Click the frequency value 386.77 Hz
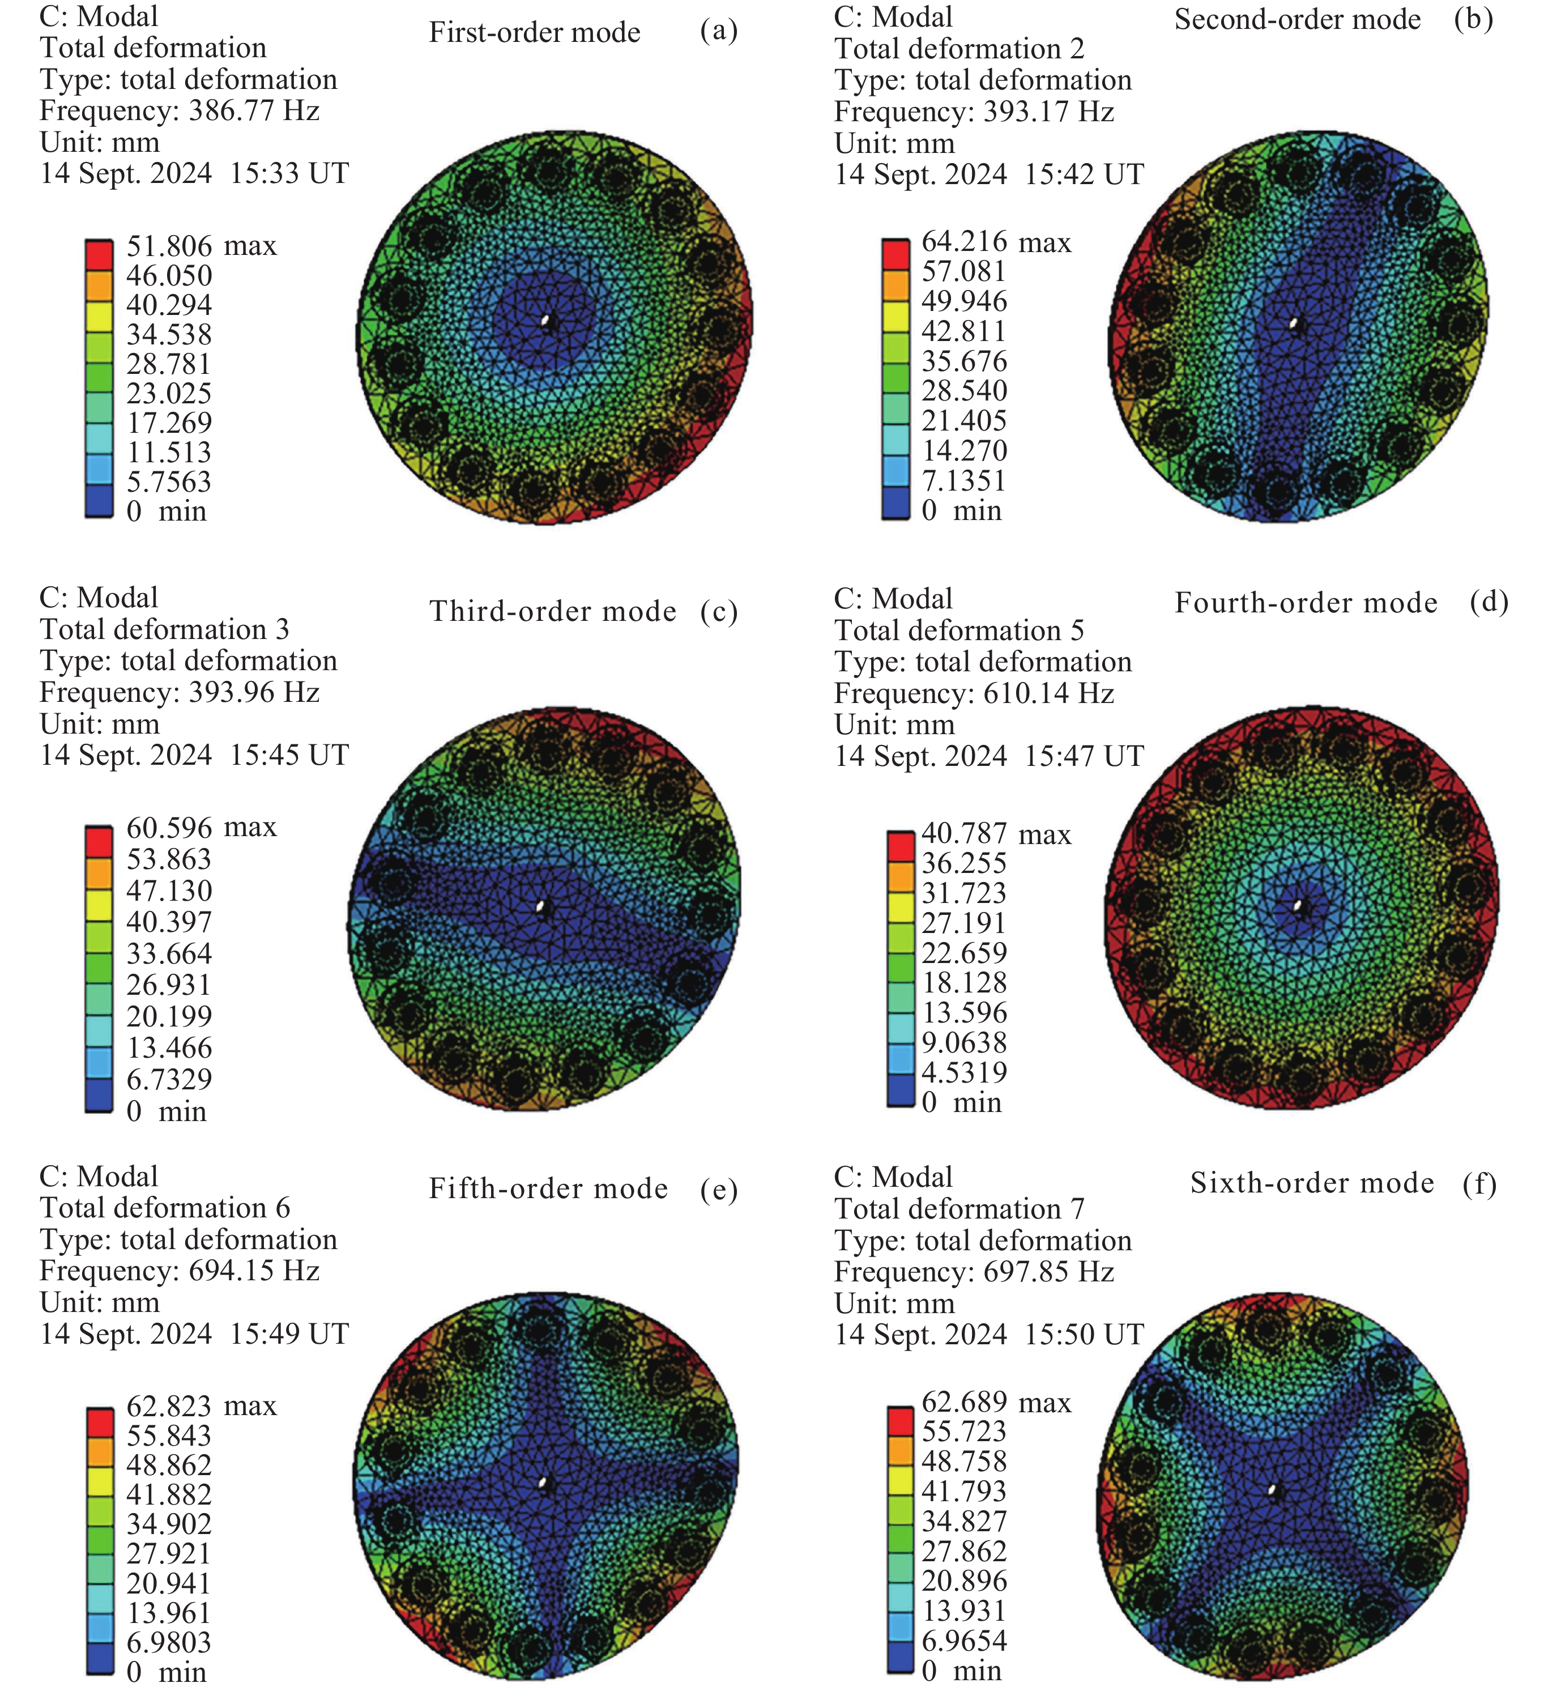254,110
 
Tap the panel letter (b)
1473,19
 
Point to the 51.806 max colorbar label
201,246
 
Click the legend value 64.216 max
996,242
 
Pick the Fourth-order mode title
1306,603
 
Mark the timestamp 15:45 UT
289,755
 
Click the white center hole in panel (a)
547,322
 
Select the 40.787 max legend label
996,834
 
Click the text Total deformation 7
959,1209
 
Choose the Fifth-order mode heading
548,1189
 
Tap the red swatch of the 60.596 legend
99,841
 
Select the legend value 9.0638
965,1042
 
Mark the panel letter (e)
718,1190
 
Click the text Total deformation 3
165,630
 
